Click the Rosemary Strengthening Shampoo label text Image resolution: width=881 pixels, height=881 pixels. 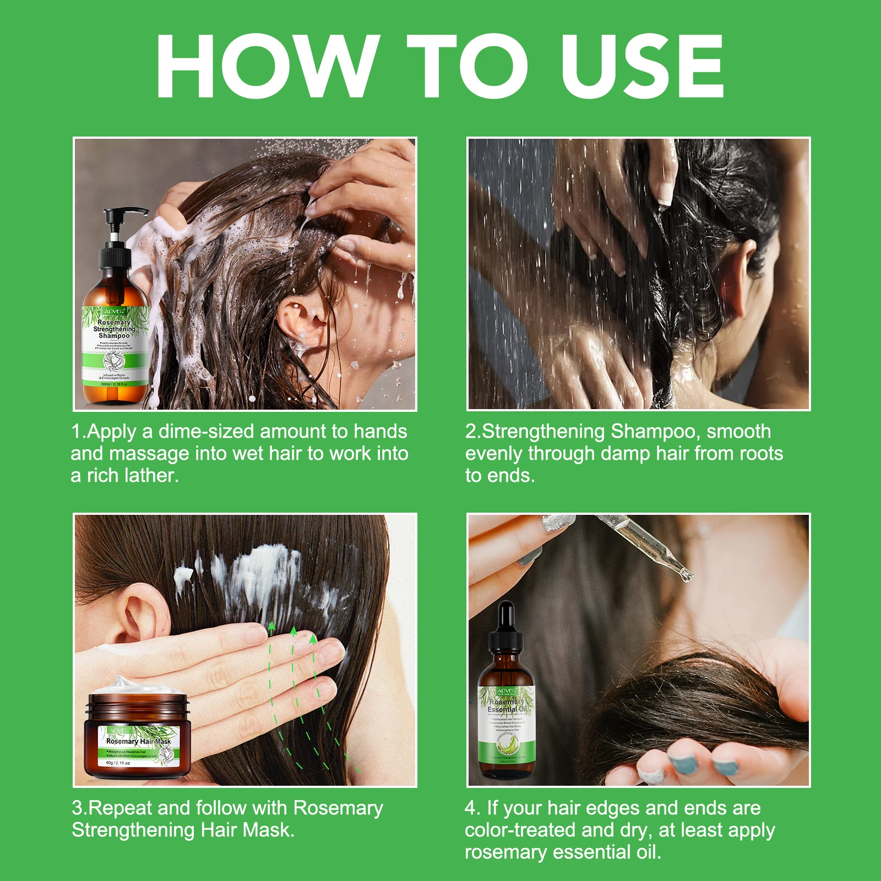(x=114, y=329)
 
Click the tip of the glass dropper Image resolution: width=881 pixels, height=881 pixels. (x=686, y=575)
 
